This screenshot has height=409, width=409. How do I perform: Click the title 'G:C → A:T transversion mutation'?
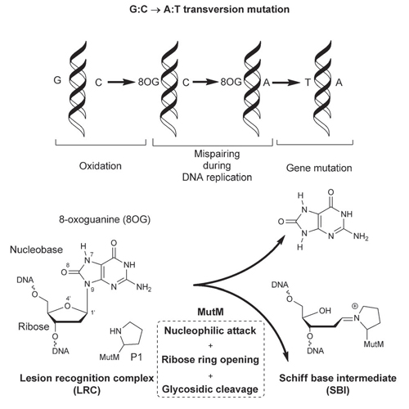209,10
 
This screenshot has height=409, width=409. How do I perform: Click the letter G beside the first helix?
57,80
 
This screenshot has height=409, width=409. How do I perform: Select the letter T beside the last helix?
308,82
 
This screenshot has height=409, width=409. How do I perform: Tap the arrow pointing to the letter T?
285,82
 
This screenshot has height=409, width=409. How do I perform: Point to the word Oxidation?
101,166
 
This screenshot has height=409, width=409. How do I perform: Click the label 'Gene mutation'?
319,168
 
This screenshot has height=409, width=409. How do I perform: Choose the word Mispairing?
217,154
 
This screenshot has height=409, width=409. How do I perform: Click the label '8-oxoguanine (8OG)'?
105,219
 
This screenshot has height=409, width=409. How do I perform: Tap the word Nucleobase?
36,249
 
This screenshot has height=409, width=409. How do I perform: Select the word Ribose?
34,326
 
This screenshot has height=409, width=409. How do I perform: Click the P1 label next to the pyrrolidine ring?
137,357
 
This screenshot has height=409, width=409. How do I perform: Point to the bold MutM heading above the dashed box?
210,312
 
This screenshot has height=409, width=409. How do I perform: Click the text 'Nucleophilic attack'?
210,330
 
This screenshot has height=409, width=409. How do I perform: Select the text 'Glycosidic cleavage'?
210,389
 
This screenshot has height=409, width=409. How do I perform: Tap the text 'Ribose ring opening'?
210,360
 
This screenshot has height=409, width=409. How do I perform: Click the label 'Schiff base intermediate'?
338,378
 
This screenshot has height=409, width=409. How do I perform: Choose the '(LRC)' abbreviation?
87,390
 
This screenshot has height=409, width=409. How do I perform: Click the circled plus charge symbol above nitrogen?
355,307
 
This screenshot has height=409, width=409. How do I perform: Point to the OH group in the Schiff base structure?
325,311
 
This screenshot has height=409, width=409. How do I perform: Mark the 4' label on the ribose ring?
68,298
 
